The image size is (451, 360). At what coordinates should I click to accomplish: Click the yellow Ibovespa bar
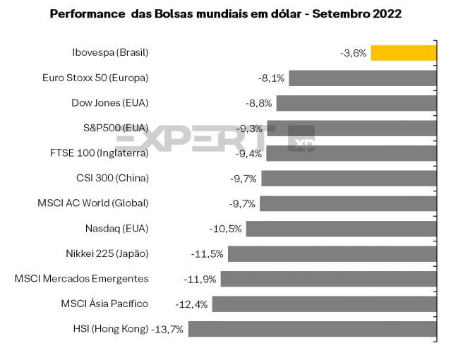pyautogui.click(x=404, y=52)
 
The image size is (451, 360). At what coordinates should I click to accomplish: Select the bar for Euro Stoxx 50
pyautogui.click(x=362, y=78)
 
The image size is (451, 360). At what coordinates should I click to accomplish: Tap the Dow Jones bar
pyautogui.click(x=356, y=103)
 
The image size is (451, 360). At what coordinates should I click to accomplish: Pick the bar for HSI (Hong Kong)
pyautogui.click(x=312, y=329)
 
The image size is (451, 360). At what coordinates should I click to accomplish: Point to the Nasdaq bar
pyautogui.click(x=341, y=229)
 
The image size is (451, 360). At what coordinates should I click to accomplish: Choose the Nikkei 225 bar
pyautogui.click(x=332, y=253)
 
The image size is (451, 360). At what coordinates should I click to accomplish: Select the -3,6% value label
pyautogui.click(x=353, y=53)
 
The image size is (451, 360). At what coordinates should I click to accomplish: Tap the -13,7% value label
pyautogui.click(x=168, y=329)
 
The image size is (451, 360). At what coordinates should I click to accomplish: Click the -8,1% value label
pyautogui.click(x=272, y=78)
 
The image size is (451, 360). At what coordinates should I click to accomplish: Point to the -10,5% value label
pyautogui.click(x=226, y=229)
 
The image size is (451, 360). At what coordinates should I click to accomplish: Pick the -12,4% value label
pyautogui.click(x=192, y=304)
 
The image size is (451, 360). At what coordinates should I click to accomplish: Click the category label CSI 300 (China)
pyautogui.click(x=112, y=178)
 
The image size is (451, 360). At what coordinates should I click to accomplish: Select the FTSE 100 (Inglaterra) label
pyautogui.click(x=100, y=153)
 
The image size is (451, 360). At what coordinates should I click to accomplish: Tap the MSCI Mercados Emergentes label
pyautogui.click(x=82, y=279)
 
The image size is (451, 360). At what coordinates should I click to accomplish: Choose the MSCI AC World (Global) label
pyautogui.click(x=93, y=203)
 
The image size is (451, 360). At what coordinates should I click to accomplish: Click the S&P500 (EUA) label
pyautogui.click(x=116, y=128)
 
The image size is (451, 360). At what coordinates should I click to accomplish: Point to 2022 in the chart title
pyautogui.click(x=387, y=14)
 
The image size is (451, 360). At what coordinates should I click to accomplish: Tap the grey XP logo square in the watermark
pyautogui.click(x=301, y=138)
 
